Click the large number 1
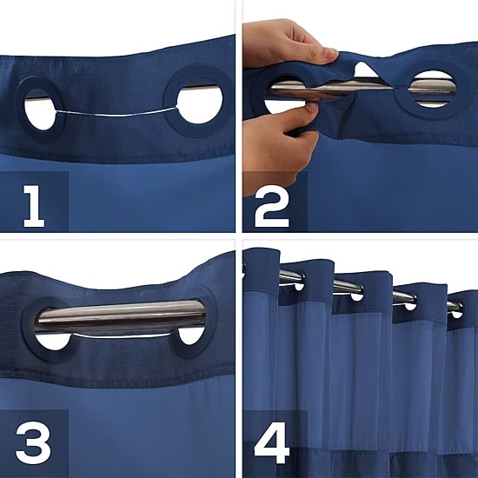34,206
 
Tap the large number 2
272,206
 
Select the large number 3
33,442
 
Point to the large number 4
272,442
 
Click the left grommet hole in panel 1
40,110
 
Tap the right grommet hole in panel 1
200,104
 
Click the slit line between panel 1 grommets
116,113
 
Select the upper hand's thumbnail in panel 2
331,53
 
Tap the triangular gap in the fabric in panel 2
365,70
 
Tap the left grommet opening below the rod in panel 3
52,342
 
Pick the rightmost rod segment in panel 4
455,307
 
